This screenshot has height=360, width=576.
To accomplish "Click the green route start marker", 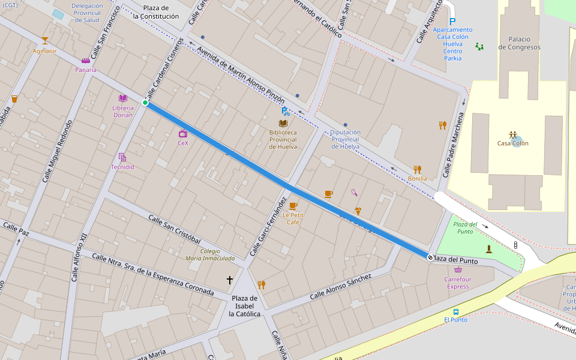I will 145,103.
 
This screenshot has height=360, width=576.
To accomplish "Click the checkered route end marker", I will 430,257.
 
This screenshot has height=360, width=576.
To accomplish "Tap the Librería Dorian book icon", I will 123,98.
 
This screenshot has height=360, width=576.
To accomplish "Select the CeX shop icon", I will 183,134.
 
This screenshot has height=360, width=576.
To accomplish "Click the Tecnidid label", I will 122,167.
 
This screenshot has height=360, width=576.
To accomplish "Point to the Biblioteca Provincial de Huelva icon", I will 283,123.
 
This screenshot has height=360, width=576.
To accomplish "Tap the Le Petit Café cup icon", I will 293,206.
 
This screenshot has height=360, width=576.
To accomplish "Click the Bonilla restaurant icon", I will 417,169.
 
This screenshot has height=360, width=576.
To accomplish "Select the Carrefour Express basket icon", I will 458,269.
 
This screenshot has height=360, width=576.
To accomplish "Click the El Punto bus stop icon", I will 456,311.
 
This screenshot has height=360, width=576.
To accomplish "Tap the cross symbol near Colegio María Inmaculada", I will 229,280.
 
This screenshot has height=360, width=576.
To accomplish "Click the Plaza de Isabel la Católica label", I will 245,306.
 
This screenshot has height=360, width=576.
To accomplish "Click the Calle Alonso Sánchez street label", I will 340,287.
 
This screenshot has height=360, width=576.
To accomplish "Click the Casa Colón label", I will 512,143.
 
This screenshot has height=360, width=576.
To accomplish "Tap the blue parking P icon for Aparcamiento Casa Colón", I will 452,21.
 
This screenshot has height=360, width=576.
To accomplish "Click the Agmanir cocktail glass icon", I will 44,41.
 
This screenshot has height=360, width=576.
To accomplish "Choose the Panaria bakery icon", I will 85,61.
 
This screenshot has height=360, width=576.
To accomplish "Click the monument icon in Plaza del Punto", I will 489,248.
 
